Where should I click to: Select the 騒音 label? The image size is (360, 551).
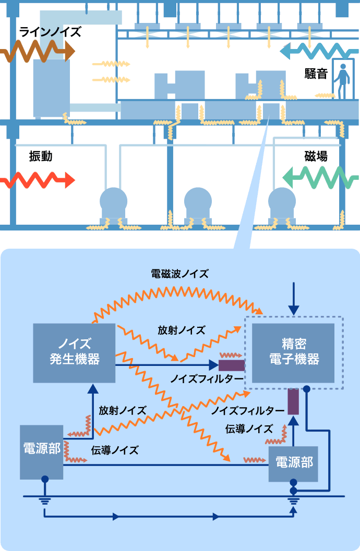click(x=316, y=74)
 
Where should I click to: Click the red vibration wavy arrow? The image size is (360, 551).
click(x=37, y=180)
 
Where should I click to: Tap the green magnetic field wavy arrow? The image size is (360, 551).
click(x=320, y=178)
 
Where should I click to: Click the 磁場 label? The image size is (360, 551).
click(x=316, y=156)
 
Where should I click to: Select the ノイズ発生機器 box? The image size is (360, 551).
click(x=74, y=352)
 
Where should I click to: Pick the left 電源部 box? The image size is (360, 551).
click(x=41, y=451)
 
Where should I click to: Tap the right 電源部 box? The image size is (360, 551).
click(x=293, y=463)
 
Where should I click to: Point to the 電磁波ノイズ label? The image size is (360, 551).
click(x=179, y=273)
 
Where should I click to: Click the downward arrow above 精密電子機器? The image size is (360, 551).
click(x=294, y=299)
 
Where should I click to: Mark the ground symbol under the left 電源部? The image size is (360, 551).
click(x=45, y=501)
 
